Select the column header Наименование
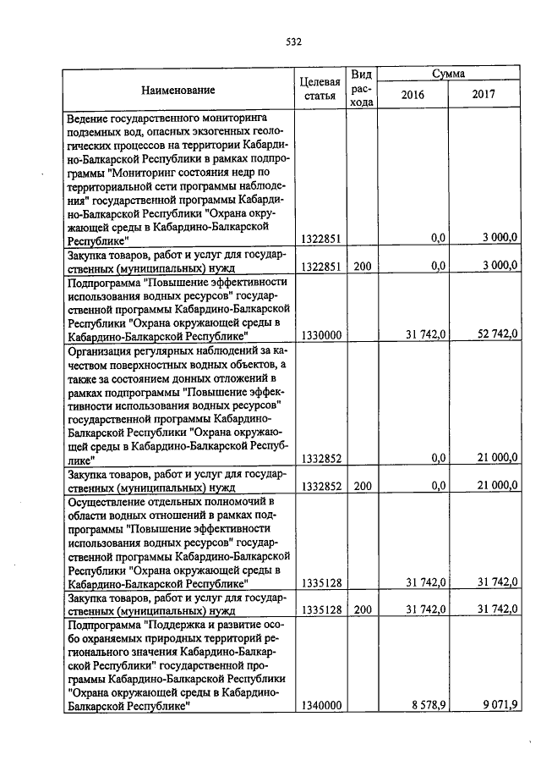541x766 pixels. pos(178,90)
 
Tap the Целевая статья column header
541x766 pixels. pos(320,89)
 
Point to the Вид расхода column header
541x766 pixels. pos(361,89)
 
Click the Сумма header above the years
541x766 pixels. pos(448,74)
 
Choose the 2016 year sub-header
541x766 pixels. pos(412,96)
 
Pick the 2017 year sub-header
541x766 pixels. pos(484,96)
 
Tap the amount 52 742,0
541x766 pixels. pos(495,335)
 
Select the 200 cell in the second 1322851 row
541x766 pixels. pos(362,267)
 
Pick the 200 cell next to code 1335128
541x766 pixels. pos(362,609)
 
